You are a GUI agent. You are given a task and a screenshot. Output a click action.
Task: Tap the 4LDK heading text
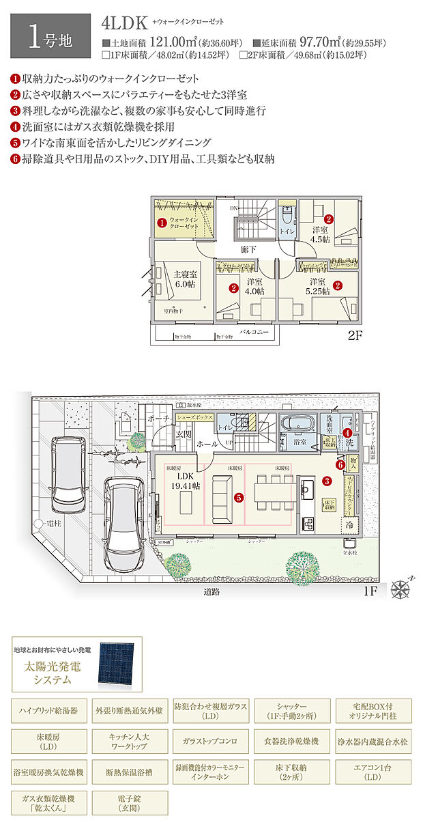[x=124, y=23]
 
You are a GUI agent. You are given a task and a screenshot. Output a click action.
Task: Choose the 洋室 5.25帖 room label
[x=318, y=286]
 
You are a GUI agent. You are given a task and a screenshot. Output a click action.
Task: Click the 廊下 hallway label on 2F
[x=248, y=250]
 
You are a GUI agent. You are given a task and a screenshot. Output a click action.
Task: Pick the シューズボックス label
[x=196, y=417]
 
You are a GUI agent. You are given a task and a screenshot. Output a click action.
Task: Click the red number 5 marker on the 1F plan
[x=239, y=498]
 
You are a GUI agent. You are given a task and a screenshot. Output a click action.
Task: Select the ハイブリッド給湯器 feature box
[x=50, y=710]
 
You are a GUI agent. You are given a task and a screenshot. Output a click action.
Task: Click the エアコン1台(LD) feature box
[x=373, y=772]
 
